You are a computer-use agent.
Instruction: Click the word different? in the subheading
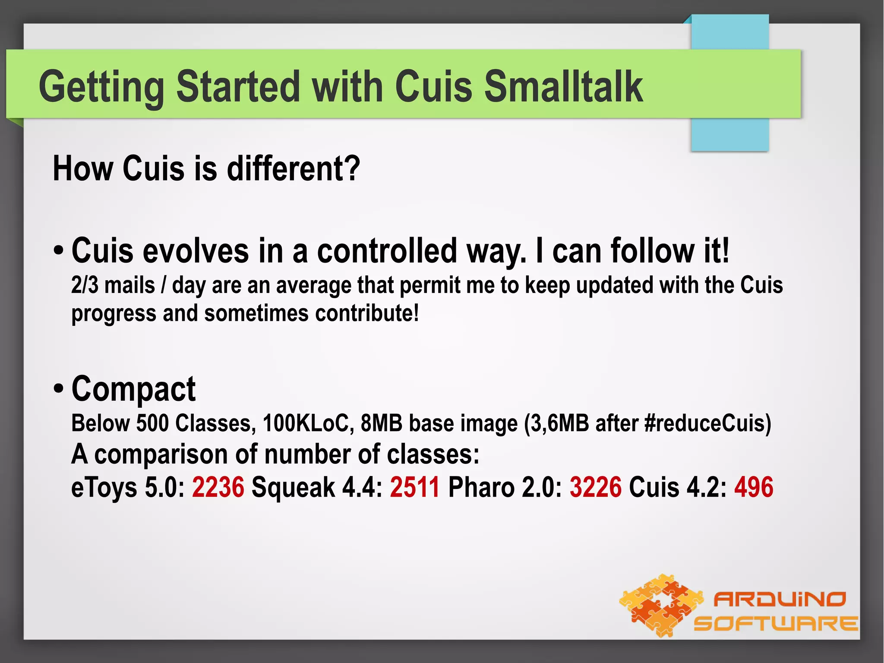pos(294,168)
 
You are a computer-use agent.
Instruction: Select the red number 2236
pos(218,487)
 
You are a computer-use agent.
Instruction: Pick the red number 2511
pos(415,487)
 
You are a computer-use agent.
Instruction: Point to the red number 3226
pos(596,487)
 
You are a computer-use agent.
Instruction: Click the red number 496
pos(754,487)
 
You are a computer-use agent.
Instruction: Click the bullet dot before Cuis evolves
pos(59,251)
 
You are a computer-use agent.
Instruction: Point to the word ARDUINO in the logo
pos(780,599)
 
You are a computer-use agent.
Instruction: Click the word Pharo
pos(481,487)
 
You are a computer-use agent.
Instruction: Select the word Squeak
pos(293,487)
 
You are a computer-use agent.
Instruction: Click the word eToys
pos(104,487)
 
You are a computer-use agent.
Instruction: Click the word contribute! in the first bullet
pos(367,313)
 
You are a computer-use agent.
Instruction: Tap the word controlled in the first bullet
pos(387,251)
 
